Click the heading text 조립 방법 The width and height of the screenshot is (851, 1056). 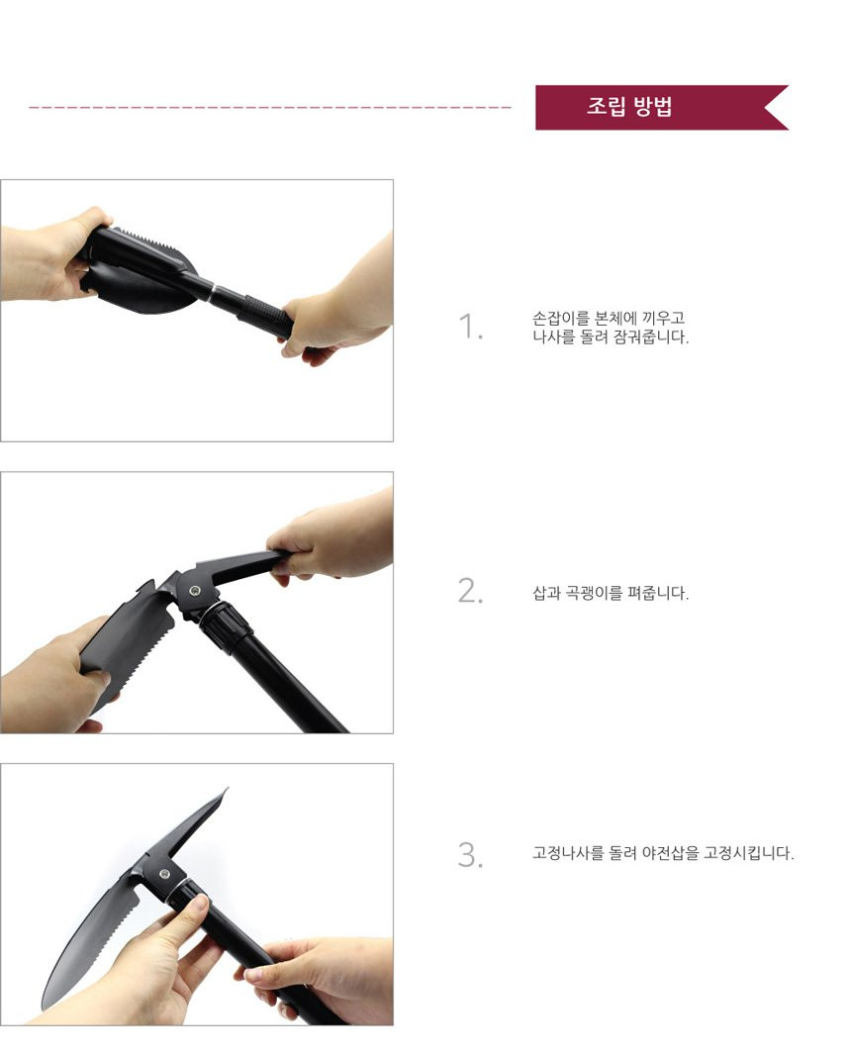pyautogui.click(x=628, y=107)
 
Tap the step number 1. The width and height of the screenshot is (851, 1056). pyautogui.click(x=470, y=328)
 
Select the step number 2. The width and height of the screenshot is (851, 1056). pyautogui.click(x=470, y=591)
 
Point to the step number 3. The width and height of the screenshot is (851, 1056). pyautogui.click(x=470, y=855)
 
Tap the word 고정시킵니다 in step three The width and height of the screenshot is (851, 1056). pyautogui.click(x=749, y=853)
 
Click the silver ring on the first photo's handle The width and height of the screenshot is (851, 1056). pyautogui.click(x=214, y=295)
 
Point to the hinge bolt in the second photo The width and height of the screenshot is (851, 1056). pyautogui.click(x=195, y=591)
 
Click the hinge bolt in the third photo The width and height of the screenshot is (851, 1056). pyautogui.click(x=164, y=875)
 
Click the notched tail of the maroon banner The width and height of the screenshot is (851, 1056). pyautogui.click(x=776, y=107)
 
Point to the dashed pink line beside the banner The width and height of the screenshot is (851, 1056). pyautogui.click(x=270, y=107)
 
